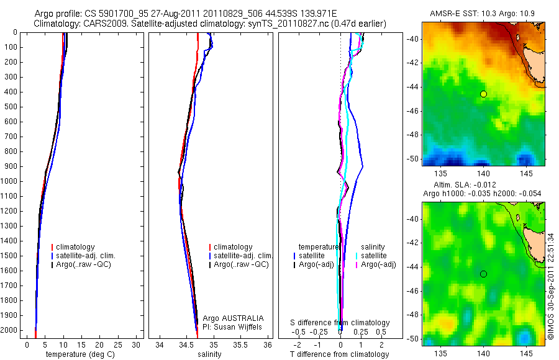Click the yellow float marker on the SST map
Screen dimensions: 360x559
point(483,94)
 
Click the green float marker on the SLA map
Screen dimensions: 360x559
point(483,274)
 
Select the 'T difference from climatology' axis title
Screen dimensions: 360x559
point(340,354)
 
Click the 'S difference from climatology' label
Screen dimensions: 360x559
point(340,323)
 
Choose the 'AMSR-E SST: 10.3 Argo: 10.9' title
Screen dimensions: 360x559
point(483,13)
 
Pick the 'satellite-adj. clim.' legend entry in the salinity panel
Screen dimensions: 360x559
point(242,256)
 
